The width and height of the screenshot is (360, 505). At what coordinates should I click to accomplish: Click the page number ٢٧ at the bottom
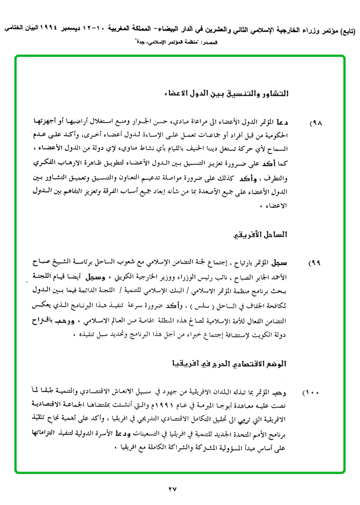tap(173, 488)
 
